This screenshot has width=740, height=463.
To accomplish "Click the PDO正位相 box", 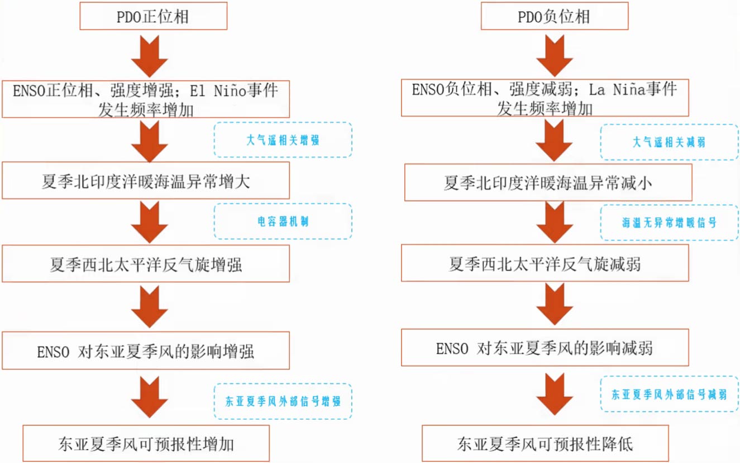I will [153, 16].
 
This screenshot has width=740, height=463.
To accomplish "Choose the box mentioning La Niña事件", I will [545, 97].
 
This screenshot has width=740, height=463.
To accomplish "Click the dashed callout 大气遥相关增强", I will [283, 140].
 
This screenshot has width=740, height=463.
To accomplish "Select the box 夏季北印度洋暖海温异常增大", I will [145, 181].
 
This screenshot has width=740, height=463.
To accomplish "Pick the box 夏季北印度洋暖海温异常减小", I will [548, 182].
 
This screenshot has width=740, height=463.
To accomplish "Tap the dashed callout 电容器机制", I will [283, 221].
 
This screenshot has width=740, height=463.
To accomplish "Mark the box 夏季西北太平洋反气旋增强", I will [145, 264].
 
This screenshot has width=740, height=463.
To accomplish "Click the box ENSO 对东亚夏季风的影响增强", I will [145, 351].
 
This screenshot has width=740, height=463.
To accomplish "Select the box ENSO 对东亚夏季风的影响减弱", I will [545, 348].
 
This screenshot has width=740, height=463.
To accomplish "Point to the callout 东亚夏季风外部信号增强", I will [283, 401].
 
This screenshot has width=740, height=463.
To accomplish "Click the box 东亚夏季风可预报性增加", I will [146, 443].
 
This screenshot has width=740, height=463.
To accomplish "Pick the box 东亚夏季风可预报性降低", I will [545, 443].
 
